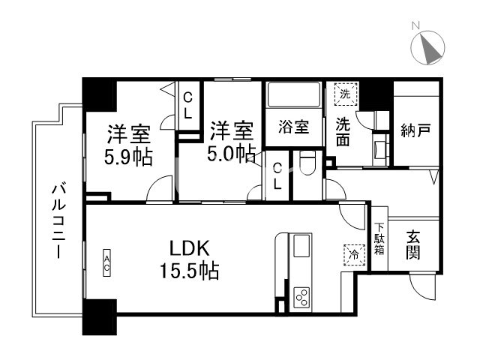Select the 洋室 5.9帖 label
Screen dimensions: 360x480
128,145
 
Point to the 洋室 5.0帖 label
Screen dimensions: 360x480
232,140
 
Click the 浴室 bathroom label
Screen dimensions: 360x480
293,126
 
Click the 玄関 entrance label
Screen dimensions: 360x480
413,244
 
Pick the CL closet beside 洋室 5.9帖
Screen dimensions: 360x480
188,105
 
